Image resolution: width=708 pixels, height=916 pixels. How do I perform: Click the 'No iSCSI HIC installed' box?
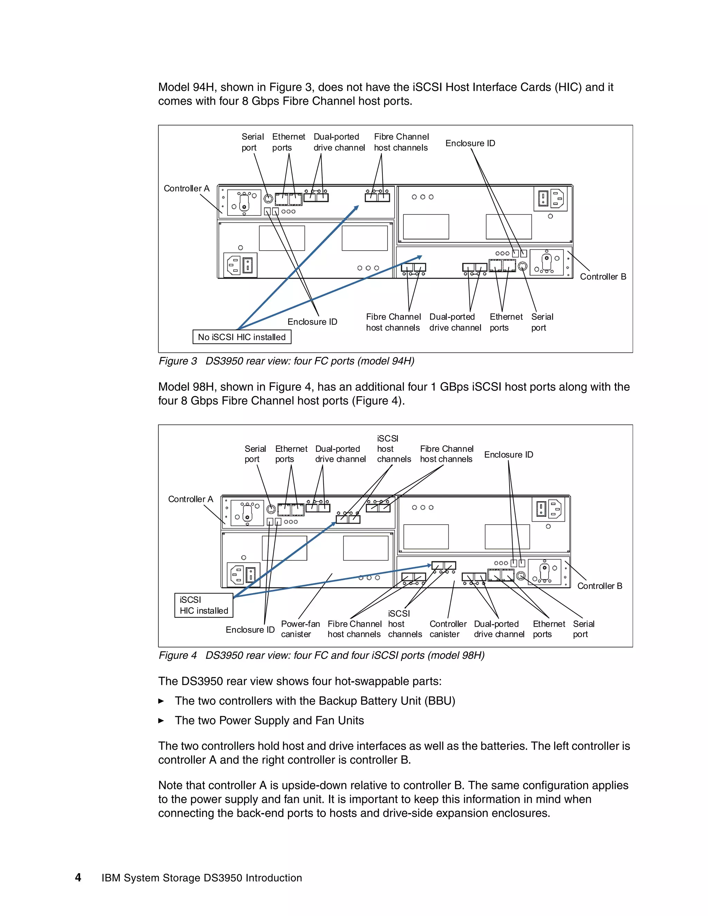[242, 337]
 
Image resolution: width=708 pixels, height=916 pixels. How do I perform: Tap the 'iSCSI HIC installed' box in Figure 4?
[204, 605]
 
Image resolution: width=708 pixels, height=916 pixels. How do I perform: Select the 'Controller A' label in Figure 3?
[186, 188]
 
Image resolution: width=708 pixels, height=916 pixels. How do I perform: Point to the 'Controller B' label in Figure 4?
[599, 586]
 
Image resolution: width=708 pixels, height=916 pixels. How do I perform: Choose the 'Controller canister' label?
[448, 629]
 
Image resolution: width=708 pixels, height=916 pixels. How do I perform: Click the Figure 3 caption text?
[286, 361]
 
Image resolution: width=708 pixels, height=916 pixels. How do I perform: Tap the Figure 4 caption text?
[321, 655]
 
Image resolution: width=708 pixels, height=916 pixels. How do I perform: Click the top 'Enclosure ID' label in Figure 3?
[470, 143]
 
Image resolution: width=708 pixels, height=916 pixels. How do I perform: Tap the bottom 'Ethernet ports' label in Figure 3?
[506, 322]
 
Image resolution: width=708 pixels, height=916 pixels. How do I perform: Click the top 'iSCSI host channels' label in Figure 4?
[393, 449]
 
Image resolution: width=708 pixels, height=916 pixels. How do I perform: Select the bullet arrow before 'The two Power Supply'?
[161, 721]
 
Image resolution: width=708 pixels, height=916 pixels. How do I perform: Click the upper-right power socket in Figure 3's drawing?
[550, 199]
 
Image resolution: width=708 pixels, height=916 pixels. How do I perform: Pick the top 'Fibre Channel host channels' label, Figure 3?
[401, 142]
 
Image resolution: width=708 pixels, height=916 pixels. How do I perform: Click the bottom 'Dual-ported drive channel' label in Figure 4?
[499, 629]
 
